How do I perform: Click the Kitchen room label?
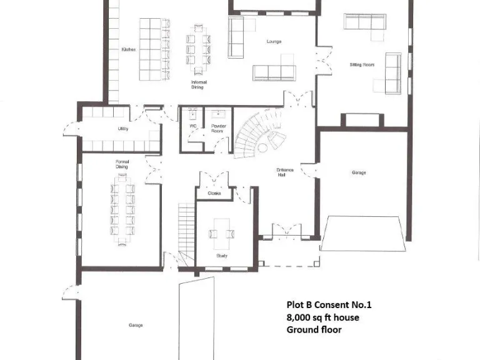tap(129, 49)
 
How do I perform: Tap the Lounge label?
tap(274, 42)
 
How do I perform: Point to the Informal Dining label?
tap(199, 84)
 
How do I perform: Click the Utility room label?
tap(122, 129)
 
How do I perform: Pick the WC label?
tap(193, 126)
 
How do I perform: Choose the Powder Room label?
tap(217, 128)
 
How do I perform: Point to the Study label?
tap(222, 256)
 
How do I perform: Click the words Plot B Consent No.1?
tap(329, 305)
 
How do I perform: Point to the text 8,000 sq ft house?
tap(322, 317)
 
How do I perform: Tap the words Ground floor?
tap(314, 329)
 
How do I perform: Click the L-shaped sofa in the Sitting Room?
tap(364, 22)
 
